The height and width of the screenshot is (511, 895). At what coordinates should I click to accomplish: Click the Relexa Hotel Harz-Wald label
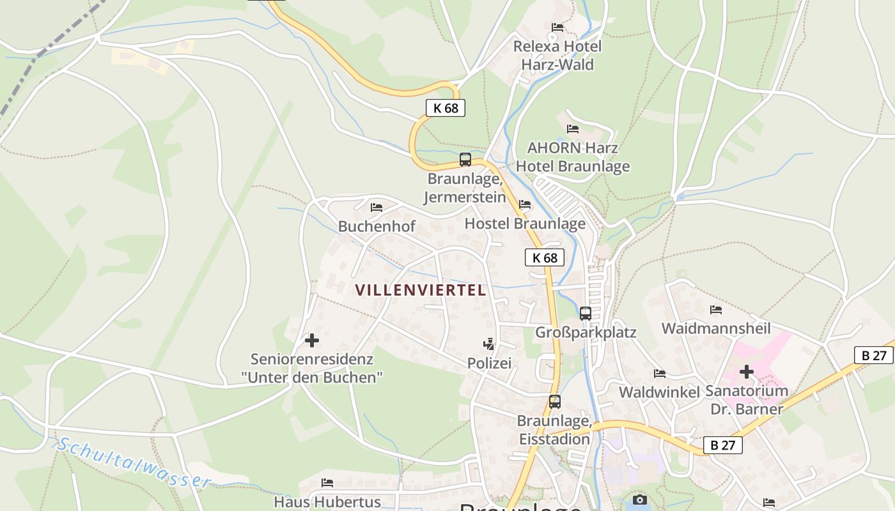(x=557, y=56)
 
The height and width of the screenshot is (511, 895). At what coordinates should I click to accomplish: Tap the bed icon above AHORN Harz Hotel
(x=573, y=129)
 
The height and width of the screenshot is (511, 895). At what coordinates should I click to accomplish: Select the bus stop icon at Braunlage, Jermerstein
(x=465, y=160)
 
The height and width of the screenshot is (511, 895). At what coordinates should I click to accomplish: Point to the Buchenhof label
(x=377, y=226)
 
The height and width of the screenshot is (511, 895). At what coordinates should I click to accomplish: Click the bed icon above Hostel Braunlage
(x=525, y=204)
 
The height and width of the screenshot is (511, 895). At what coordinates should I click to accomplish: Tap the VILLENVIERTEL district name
(x=421, y=290)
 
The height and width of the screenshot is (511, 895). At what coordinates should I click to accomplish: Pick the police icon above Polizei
(x=489, y=344)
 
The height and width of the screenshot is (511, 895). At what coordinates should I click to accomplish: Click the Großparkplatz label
(x=586, y=332)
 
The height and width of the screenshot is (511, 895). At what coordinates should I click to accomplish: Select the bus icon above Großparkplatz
(x=586, y=313)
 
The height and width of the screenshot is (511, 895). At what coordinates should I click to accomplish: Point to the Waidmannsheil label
(x=715, y=328)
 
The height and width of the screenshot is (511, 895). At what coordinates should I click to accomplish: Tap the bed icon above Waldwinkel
(x=660, y=374)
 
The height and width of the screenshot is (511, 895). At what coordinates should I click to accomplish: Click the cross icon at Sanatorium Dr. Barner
(x=747, y=372)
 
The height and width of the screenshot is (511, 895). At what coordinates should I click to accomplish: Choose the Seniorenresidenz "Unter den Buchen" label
(x=312, y=368)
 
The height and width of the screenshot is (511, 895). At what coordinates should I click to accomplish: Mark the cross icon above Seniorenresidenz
(x=312, y=340)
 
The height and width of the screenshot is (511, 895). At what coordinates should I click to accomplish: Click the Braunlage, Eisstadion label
(x=554, y=430)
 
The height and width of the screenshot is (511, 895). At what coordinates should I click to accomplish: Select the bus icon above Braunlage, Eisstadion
(x=555, y=402)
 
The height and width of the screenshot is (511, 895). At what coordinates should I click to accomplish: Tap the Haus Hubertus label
(x=327, y=502)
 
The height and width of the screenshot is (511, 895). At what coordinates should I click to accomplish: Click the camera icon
(x=639, y=500)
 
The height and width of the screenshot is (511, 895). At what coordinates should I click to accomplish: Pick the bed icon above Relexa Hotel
(x=557, y=27)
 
